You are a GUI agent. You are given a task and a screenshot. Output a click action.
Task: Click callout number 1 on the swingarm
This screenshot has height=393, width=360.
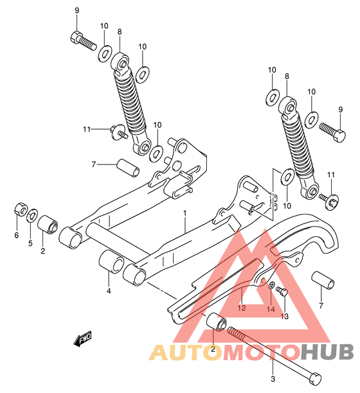tap(184, 213)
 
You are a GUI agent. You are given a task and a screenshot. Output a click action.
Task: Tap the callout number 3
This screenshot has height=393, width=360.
tap(273, 379)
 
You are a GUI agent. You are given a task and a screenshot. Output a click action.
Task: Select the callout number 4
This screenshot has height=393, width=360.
tap(109, 291)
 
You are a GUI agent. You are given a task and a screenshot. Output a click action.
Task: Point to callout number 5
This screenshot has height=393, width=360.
tap(30, 243)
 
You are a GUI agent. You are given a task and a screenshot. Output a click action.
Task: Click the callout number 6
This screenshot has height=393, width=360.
tap(17, 235)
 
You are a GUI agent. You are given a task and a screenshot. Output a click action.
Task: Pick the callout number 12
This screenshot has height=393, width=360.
tap(242, 308)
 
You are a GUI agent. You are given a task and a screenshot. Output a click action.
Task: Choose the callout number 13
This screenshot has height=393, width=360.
tap(285, 317)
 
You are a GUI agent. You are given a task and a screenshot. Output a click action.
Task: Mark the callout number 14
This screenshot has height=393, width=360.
tap(271, 310)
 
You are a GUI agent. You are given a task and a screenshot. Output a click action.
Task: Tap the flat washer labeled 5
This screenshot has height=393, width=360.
tap(32, 215)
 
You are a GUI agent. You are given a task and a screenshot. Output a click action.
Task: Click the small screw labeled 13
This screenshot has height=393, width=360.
tap(282, 291)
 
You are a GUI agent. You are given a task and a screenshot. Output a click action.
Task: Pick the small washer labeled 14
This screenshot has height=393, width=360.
tap(271, 285)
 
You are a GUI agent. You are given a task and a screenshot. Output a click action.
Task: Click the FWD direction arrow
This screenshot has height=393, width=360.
tap(83, 338)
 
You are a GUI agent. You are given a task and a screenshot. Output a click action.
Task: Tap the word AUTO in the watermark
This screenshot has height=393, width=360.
tap(187, 352)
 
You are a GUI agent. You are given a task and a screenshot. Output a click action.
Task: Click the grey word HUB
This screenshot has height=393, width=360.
tap(327, 352)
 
